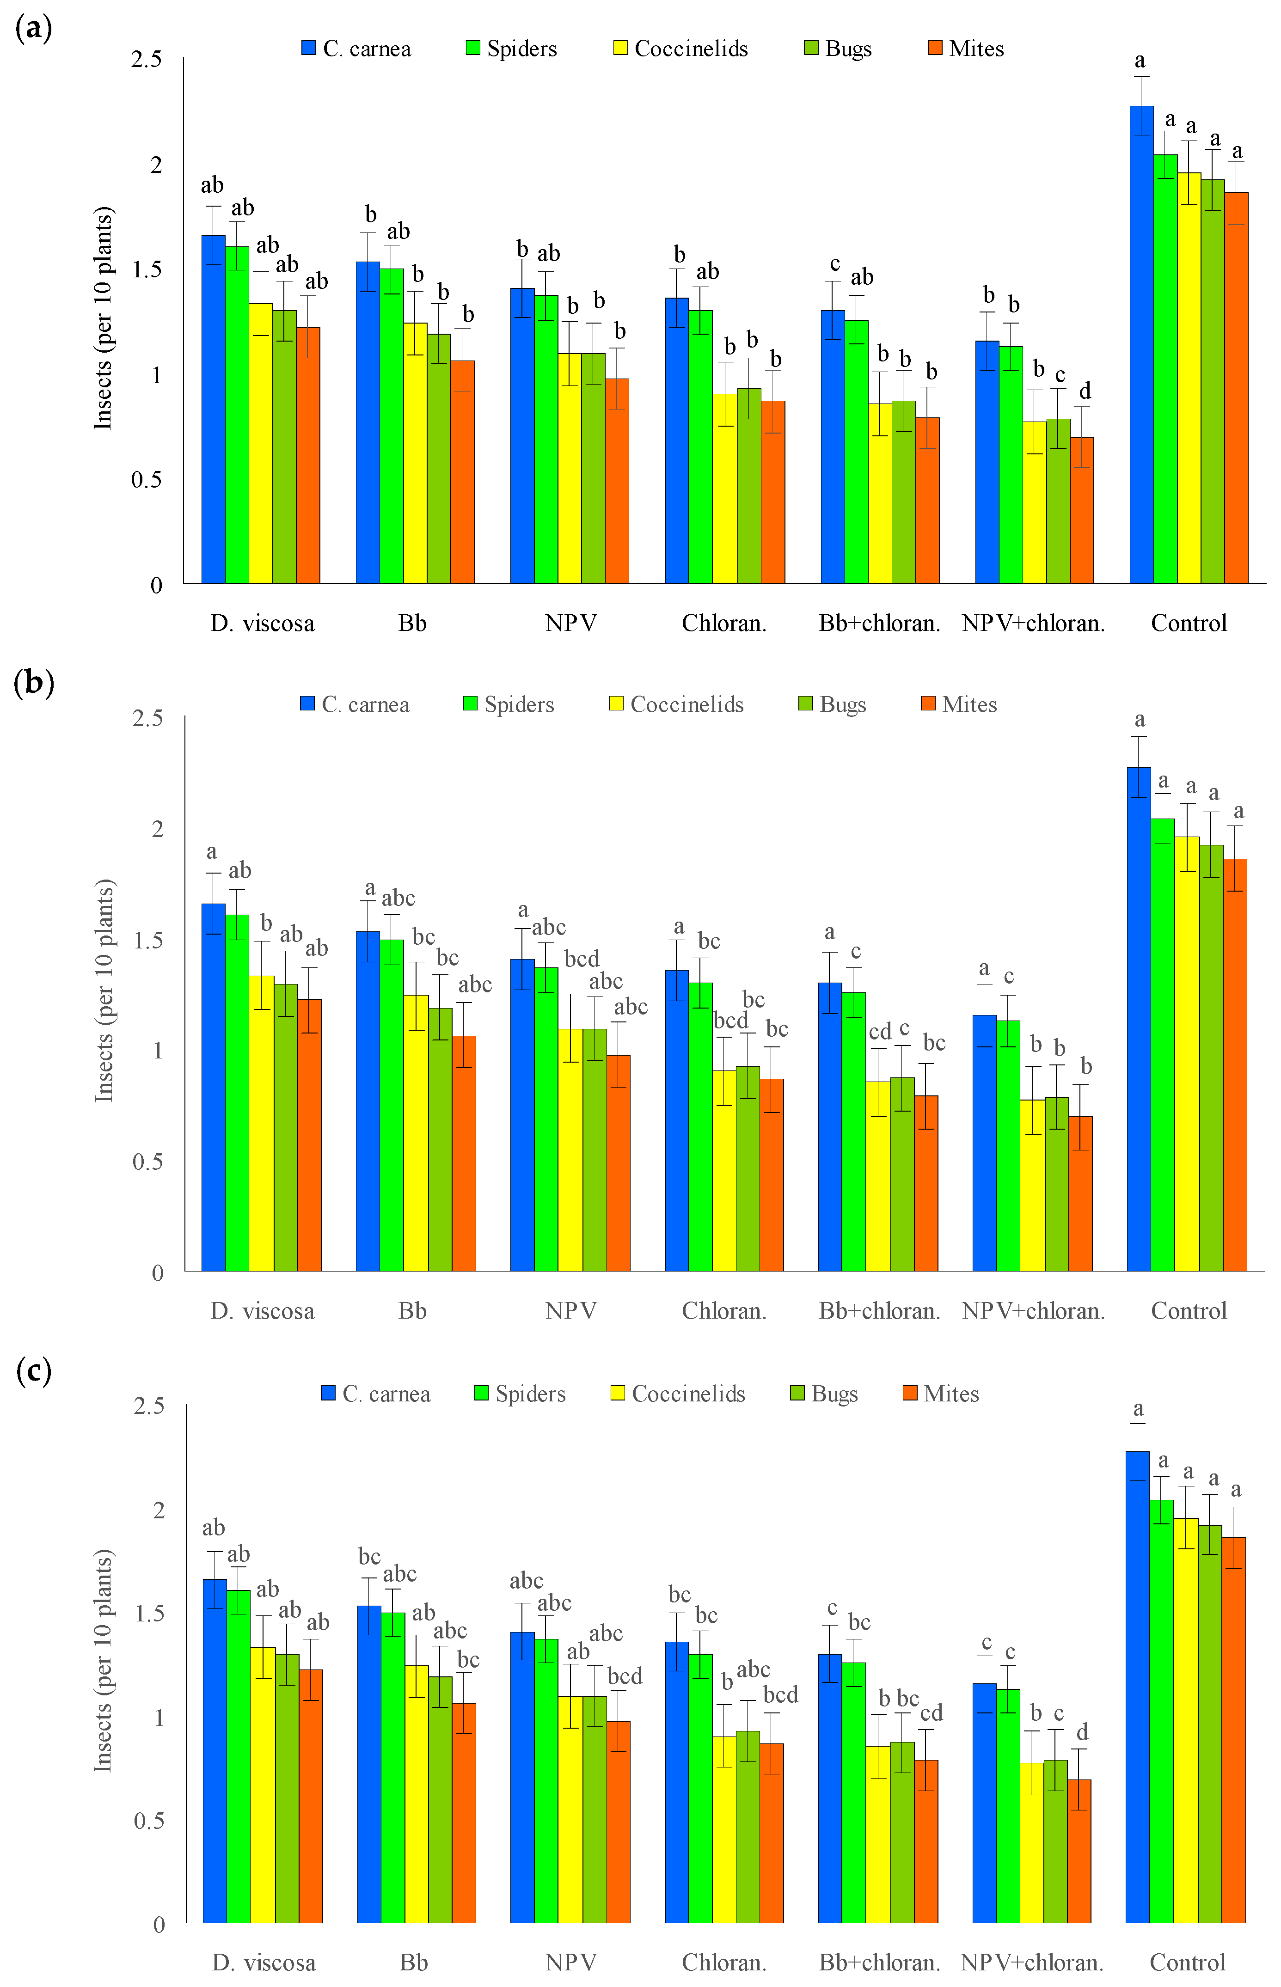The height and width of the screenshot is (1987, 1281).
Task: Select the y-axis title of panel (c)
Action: point(103,1660)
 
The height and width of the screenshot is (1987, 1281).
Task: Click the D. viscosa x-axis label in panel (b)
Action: point(262,1312)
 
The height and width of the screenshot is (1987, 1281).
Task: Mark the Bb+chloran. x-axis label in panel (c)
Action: point(879,1963)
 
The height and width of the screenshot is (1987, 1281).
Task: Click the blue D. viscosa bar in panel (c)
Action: point(215,1751)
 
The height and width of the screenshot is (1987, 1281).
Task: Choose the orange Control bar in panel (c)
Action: point(1233,1730)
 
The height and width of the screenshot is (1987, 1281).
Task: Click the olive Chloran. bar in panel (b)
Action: point(748,1168)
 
